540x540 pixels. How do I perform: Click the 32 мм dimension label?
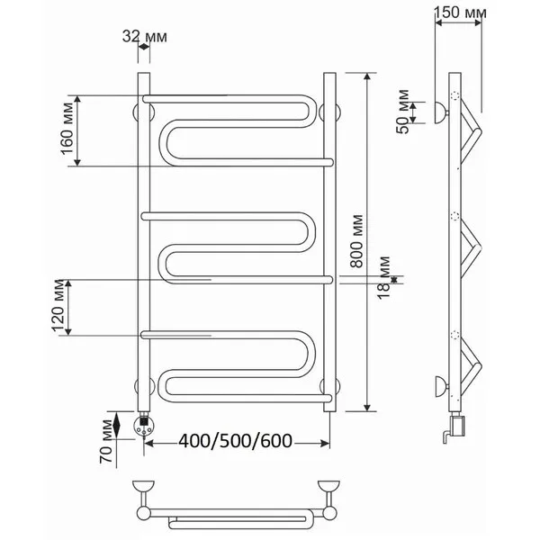145,37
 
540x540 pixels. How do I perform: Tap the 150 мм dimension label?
460,13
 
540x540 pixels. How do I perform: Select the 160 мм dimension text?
68,129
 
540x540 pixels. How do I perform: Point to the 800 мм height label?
356,241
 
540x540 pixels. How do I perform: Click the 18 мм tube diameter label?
384,278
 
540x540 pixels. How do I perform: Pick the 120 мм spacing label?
58,306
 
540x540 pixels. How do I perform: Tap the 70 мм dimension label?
107,442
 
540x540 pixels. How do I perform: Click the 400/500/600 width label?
236,440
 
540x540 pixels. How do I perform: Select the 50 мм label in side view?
403,112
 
